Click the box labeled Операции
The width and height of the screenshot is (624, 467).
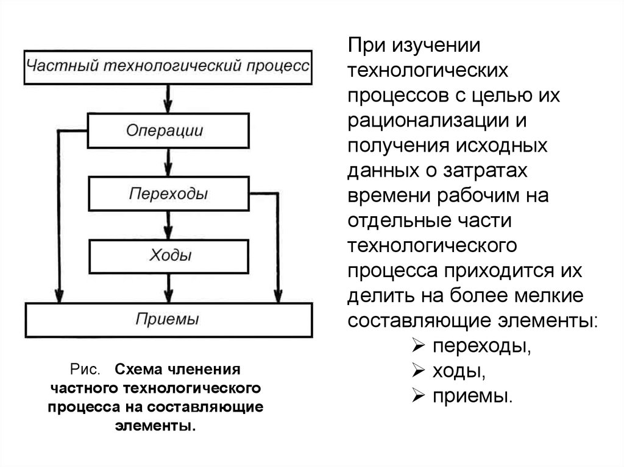168,130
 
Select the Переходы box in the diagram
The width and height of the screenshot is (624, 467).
168,194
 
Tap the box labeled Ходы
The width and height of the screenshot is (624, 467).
168,256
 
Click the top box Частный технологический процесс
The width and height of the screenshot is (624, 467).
168,66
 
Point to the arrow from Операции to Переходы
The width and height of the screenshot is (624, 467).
169,162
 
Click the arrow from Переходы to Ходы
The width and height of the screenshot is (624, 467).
169,225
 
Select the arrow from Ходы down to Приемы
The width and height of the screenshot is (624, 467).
169,287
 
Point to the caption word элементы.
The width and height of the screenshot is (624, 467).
155,424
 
